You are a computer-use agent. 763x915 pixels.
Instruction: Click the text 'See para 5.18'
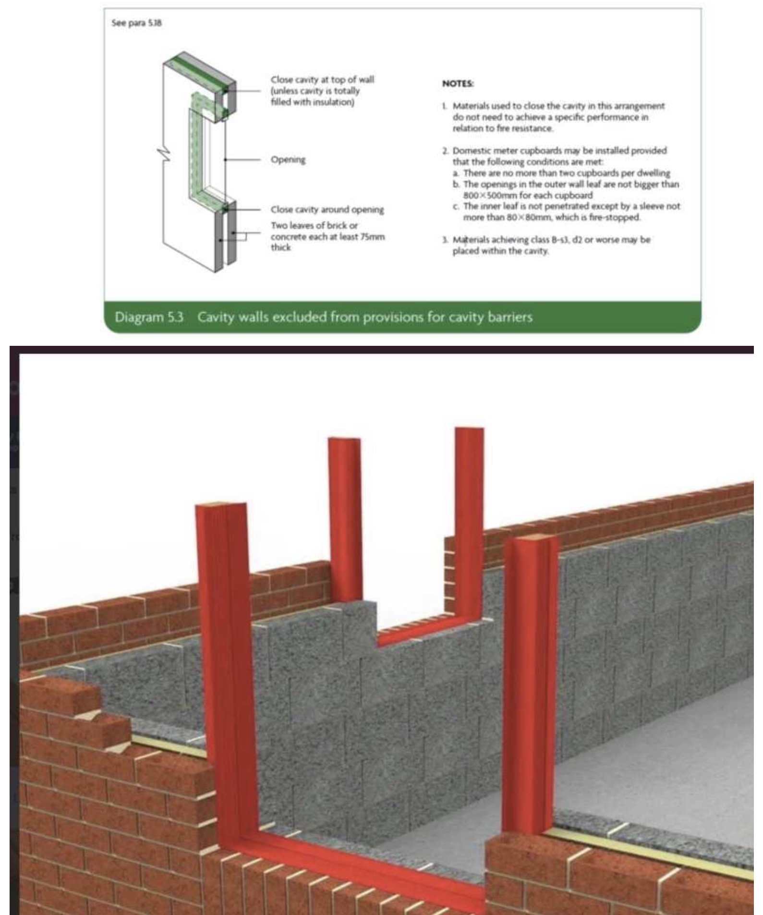pyautogui.click(x=136, y=23)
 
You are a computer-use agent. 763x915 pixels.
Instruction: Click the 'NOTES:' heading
pyautogui.click(x=458, y=84)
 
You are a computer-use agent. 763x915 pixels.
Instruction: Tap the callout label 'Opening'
pyautogui.click(x=288, y=159)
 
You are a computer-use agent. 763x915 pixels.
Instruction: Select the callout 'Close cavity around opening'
pyautogui.click(x=327, y=209)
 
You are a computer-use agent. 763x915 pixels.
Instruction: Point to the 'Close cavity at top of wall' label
pyautogui.click(x=322, y=80)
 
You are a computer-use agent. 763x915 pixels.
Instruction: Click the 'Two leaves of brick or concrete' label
pyautogui.click(x=327, y=236)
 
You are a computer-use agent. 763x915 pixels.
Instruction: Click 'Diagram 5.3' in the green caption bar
pyautogui.click(x=149, y=317)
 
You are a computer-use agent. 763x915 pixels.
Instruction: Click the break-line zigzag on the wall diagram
pyautogui.click(x=164, y=153)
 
